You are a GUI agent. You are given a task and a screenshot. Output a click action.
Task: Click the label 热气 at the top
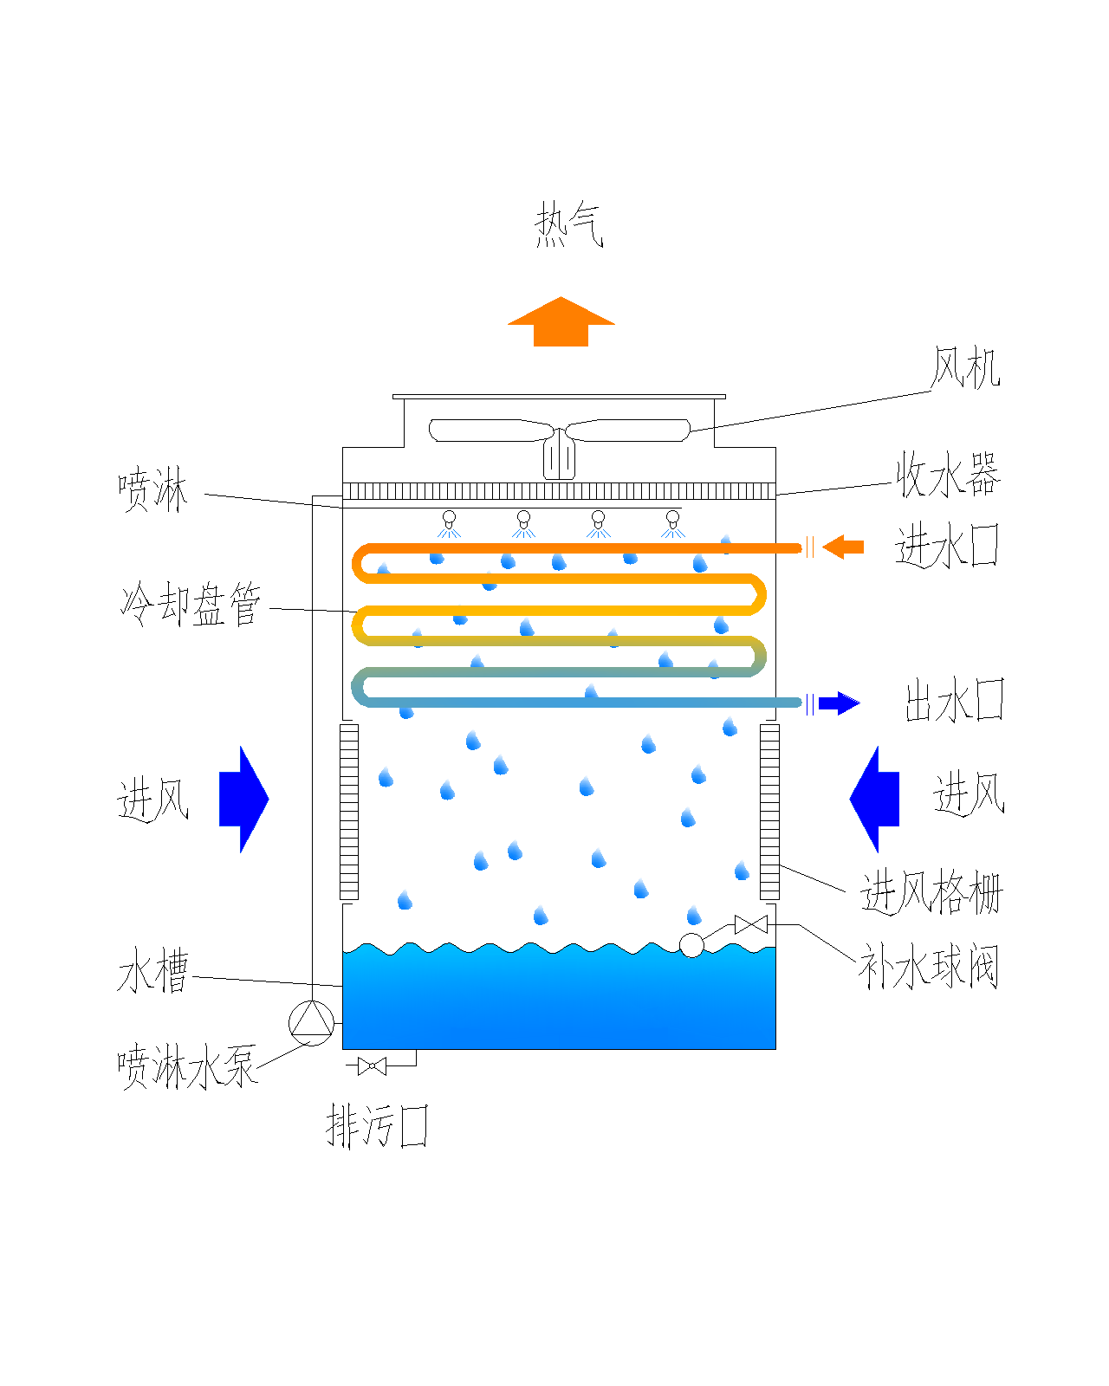click(567, 225)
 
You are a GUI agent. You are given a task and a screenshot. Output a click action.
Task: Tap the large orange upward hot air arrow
click(561, 323)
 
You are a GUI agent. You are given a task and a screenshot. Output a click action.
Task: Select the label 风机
click(965, 368)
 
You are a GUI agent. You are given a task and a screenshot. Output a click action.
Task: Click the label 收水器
click(948, 474)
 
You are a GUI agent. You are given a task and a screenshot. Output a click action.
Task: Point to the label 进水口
click(947, 546)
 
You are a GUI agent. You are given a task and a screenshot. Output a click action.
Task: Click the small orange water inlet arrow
click(843, 547)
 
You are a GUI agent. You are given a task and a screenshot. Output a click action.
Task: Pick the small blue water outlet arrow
click(839, 703)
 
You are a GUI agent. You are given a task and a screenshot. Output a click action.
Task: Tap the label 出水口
click(954, 701)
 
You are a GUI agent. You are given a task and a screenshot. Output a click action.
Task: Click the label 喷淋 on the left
click(152, 490)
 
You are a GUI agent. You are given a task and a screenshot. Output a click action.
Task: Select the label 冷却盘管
click(191, 604)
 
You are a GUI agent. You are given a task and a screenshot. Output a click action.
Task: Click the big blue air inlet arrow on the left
click(243, 799)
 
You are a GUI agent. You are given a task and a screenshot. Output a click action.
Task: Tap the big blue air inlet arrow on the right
click(875, 799)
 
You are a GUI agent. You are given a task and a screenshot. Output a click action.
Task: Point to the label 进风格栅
click(931, 893)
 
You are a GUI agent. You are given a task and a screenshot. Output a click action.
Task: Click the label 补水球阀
click(928, 967)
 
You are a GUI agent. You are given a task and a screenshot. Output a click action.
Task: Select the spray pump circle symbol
click(311, 1023)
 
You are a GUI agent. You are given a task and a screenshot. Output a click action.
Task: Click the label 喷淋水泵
click(187, 1066)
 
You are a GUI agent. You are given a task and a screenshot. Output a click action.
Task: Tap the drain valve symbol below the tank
click(372, 1066)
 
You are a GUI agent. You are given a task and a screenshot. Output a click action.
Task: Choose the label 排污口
click(377, 1127)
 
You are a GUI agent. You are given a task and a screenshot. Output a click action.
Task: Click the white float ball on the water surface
click(691, 945)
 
